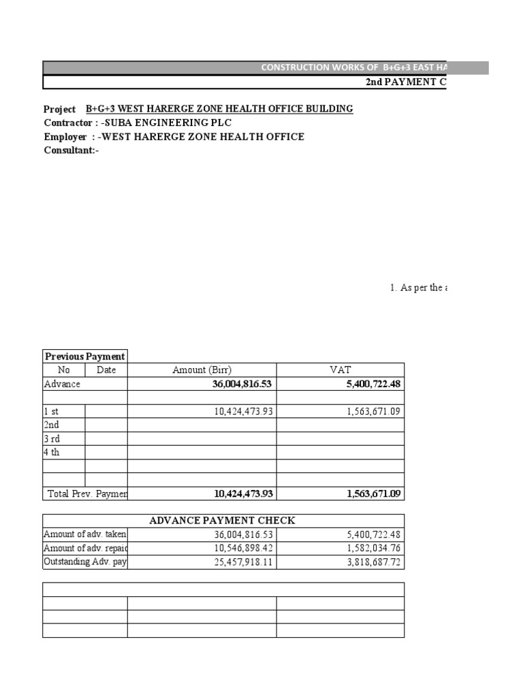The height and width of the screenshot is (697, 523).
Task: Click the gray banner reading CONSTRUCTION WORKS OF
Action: [354, 67]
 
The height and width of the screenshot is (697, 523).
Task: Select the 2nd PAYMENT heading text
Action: [406, 82]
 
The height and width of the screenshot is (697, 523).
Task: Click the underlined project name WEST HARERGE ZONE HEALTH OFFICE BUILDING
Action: [219, 109]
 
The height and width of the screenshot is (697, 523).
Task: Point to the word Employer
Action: [65, 137]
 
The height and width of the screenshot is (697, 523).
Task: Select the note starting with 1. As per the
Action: [419, 288]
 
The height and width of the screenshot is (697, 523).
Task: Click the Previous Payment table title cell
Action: [84, 356]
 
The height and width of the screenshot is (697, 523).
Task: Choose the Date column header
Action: [106, 370]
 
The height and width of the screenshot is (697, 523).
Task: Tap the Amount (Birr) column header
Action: [202, 370]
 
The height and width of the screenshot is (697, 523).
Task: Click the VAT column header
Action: [340, 370]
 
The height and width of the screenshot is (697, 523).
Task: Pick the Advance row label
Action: [62, 384]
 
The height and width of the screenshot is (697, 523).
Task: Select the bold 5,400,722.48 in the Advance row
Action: [367, 384]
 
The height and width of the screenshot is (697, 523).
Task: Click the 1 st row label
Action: [52, 411]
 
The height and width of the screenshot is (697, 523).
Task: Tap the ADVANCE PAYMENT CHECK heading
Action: [222, 521]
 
